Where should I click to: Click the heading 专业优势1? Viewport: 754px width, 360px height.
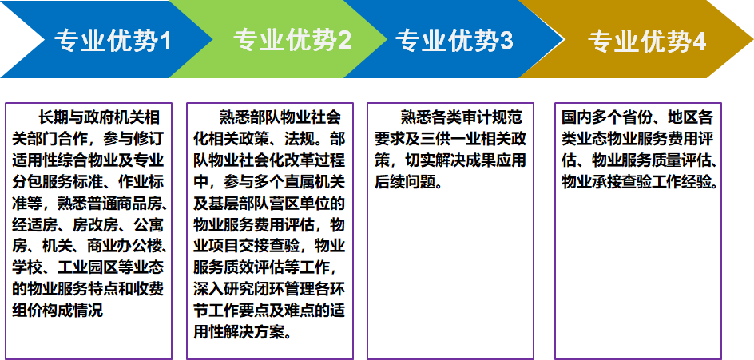[x=113, y=41]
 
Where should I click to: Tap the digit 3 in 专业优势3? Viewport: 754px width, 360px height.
[x=506, y=41]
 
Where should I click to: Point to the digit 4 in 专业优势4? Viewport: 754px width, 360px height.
[x=699, y=42]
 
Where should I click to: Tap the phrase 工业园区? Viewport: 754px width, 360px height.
[x=86, y=267]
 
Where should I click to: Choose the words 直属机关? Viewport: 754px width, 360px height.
[x=314, y=182]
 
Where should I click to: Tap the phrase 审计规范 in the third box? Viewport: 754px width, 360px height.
[x=494, y=117]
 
